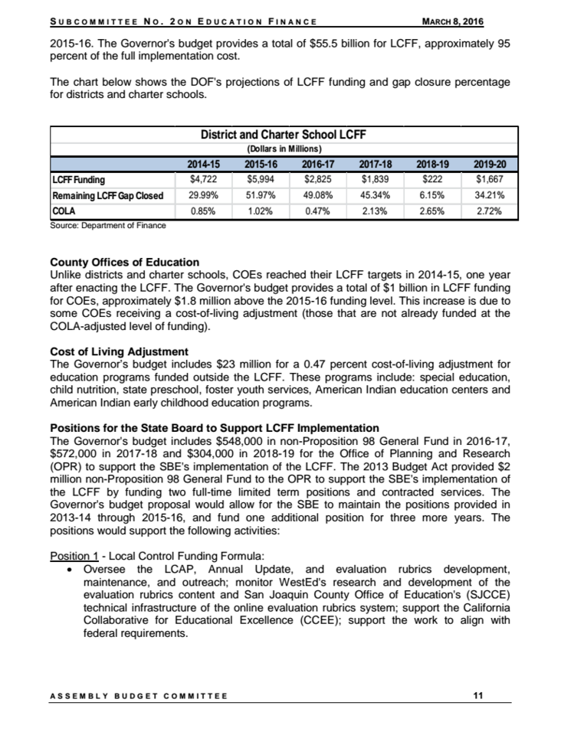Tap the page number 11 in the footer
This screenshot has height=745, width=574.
(479, 696)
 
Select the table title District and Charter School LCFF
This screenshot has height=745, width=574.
(284, 135)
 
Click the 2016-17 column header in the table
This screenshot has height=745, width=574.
(317, 165)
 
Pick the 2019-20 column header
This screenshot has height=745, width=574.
(488, 165)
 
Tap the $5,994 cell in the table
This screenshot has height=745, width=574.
(260, 180)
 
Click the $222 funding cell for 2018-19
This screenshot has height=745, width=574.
(431, 180)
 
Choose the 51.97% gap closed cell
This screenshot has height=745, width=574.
(260, 195)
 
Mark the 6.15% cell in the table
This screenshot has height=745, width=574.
(431, 195)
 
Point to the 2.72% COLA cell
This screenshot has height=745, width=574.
(488, 211)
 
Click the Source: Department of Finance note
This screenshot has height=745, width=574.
(107, 225)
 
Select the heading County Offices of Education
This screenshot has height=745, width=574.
(124, 262)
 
